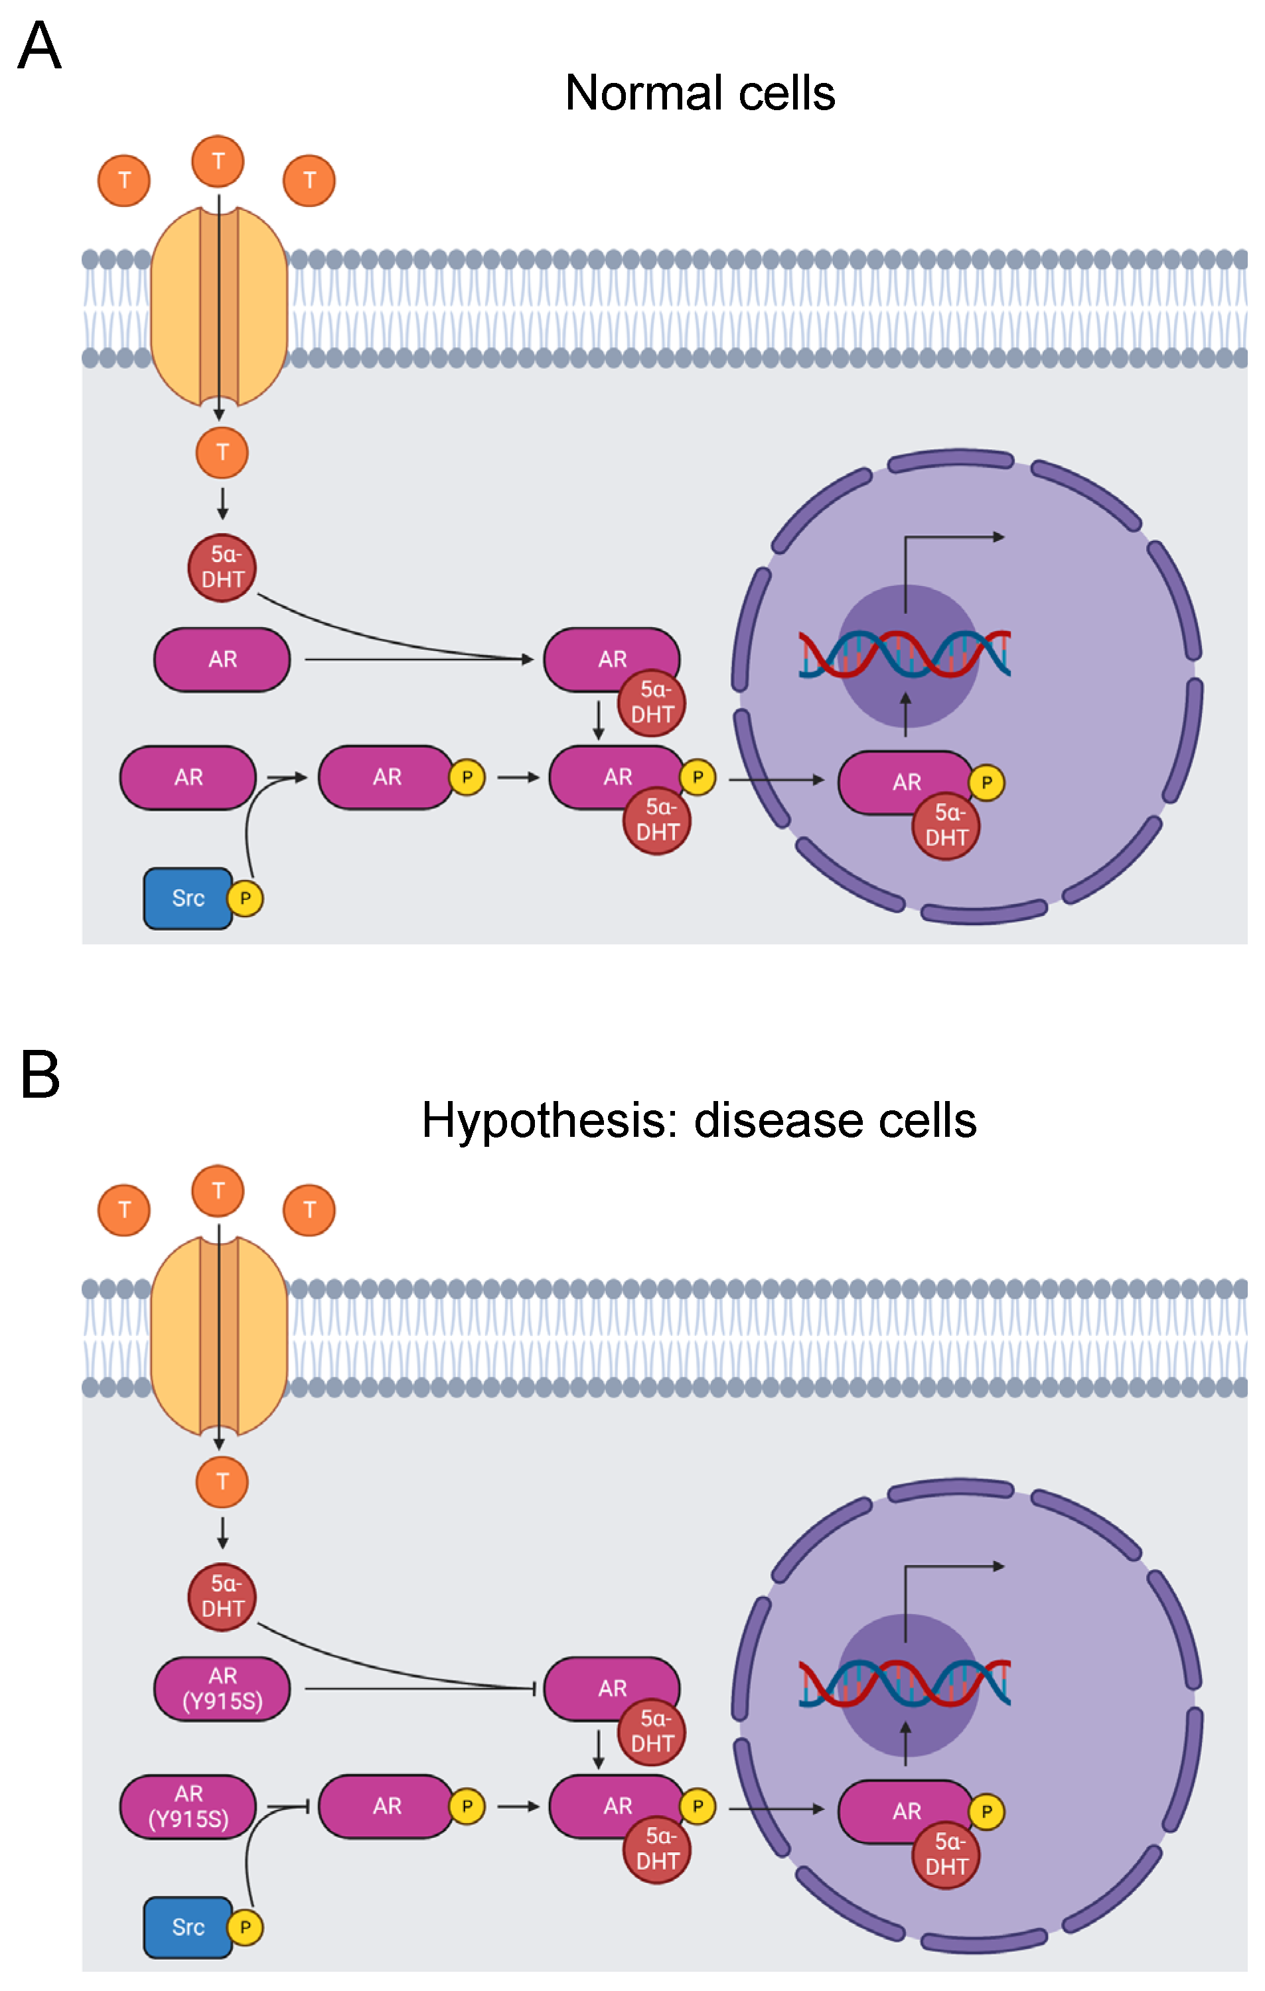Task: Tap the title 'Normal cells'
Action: point(700,93)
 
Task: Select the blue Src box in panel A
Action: point(188,898)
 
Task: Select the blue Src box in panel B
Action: point(188,1927)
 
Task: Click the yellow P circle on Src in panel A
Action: point(245,898)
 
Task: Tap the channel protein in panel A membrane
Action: point(219,306)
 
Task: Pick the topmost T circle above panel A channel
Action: point(218,161)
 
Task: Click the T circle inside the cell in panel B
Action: point(222,1482)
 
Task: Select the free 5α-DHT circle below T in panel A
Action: point(222,567)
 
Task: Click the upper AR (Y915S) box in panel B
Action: point(222,1688)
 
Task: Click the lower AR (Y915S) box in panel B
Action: point(188,1806)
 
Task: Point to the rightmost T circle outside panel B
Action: point(309,1210)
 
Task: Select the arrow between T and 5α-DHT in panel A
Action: point(222,502)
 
